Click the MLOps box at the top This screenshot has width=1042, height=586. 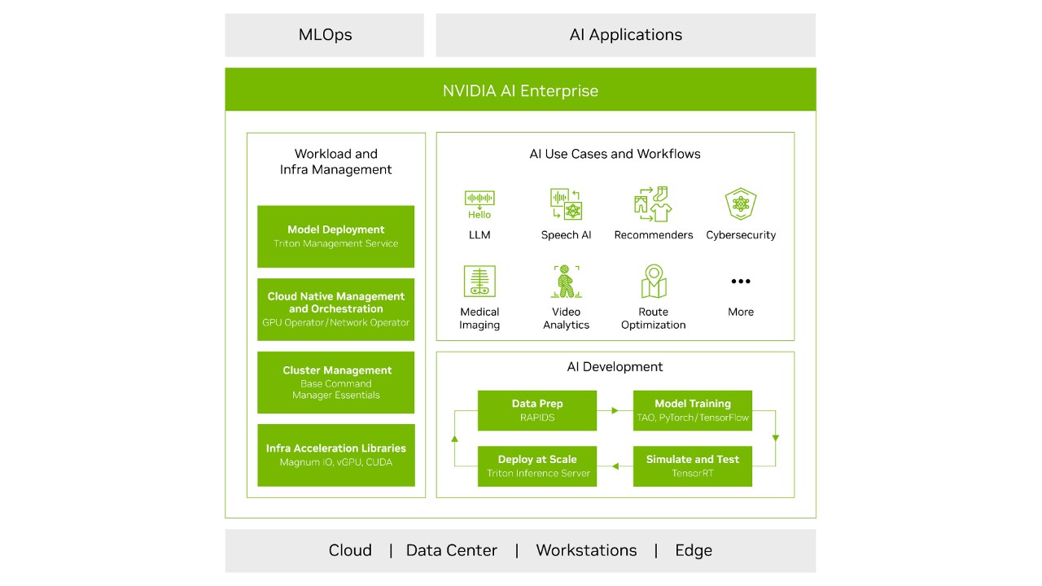point(324,35)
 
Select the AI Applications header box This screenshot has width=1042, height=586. point(625,35)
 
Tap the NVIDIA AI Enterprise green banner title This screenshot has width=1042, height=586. point(520,90)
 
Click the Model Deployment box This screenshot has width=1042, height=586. point(335,236)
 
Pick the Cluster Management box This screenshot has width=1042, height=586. point(335,383)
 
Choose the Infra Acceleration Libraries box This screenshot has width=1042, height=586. point(335,455)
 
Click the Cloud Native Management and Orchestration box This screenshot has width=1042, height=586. point(335,309)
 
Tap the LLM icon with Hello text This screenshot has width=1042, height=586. point(479,204)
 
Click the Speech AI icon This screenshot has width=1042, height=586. point(566,204)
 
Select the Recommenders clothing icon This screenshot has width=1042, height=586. point(653,204)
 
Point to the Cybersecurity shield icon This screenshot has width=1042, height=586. point(741,204)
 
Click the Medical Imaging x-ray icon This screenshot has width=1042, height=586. point(479,282)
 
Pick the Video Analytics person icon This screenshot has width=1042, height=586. point(566,282)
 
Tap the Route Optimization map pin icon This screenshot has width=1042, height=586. point(653,282)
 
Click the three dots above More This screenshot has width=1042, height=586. point(741,282)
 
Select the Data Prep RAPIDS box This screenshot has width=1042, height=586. point(536,410)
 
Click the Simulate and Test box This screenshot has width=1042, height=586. point(692,466)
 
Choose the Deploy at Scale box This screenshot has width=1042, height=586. point(536,466)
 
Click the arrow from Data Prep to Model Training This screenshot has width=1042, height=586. point(615,411)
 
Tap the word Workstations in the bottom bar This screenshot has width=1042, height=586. point(586,551)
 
